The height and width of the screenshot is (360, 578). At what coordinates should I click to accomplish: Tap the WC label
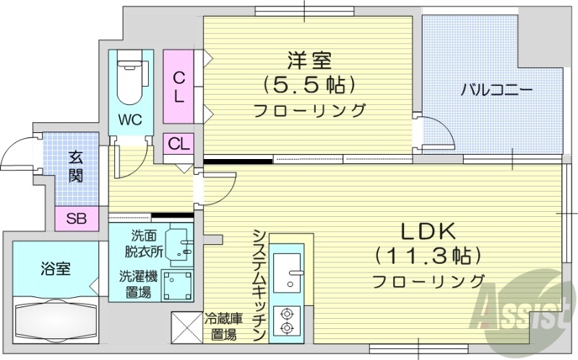(131, 119)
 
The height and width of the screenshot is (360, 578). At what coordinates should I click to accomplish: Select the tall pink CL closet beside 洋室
(178, 87)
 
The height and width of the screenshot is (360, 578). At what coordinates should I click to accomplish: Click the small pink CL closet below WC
(178, 143)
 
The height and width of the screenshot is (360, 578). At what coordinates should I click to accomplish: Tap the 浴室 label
(55, 270)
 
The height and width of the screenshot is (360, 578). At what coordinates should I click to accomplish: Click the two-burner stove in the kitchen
(287, 320)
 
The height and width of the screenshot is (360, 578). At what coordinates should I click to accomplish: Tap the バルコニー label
(497, 90)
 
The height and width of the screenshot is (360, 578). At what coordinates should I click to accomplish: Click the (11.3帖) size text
(428, 255)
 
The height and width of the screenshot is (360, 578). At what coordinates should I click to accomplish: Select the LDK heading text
(428, 231)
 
